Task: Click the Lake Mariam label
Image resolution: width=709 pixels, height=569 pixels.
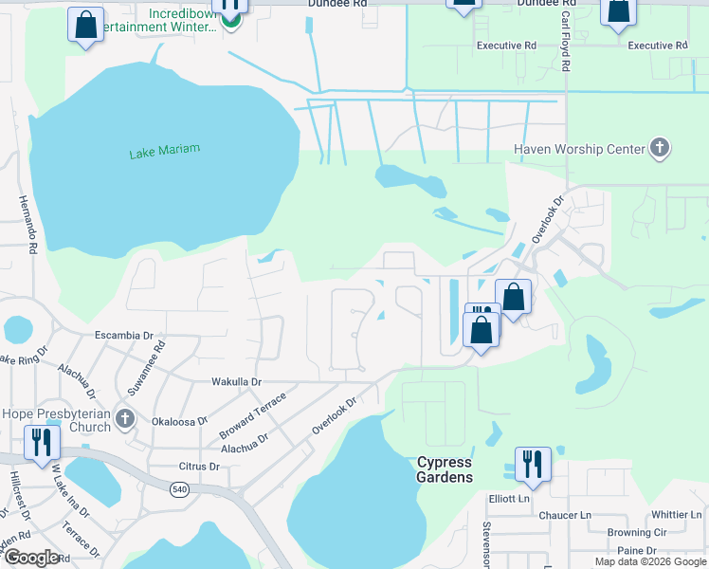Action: [x=165, y=150]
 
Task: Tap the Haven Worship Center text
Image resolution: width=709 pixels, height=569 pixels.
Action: [x=578, y=149]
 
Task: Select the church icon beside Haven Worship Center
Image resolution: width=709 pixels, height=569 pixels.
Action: [x=661, y=148]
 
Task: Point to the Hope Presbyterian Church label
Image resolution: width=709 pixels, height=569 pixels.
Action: [x=56, y=420]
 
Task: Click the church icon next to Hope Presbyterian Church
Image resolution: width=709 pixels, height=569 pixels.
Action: [x=123, y=417]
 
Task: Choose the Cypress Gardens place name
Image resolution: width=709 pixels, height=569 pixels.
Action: [x=445, y=469]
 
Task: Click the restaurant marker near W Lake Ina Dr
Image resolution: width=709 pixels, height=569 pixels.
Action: [x=43, y=442]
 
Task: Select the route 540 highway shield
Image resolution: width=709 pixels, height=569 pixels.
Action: [x=178, y=489]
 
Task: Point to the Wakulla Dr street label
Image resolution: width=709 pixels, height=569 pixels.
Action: [x=236, y=382]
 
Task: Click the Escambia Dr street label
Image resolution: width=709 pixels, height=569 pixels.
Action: [x=123, y=336]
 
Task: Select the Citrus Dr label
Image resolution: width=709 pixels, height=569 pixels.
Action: [x=199, y=467]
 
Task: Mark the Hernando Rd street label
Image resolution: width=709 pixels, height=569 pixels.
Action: [x=26, y=224]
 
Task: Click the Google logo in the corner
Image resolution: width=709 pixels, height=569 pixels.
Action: [x=31, y=558]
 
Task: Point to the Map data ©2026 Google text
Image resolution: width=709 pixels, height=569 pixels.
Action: [x=650, y=561]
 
